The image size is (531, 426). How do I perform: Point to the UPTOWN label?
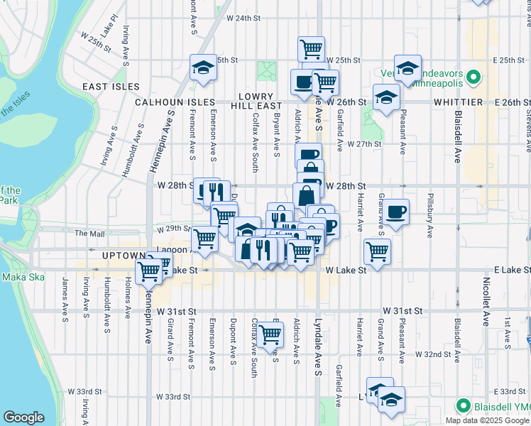[x=124, y=256]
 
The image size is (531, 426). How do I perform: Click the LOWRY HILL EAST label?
[x=256, y=101]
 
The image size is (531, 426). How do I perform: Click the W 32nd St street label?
[x=433, y=354]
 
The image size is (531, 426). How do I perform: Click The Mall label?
[x=89, y=233]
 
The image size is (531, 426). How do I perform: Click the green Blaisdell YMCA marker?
[x=464, y=406]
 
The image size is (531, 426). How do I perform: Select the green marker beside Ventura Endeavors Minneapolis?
[x=473, y=77]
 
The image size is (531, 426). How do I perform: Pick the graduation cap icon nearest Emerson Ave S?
[x=203, y=67]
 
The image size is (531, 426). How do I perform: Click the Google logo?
[x=23, y=417]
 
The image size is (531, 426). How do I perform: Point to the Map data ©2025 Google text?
[x=486, y=420]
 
